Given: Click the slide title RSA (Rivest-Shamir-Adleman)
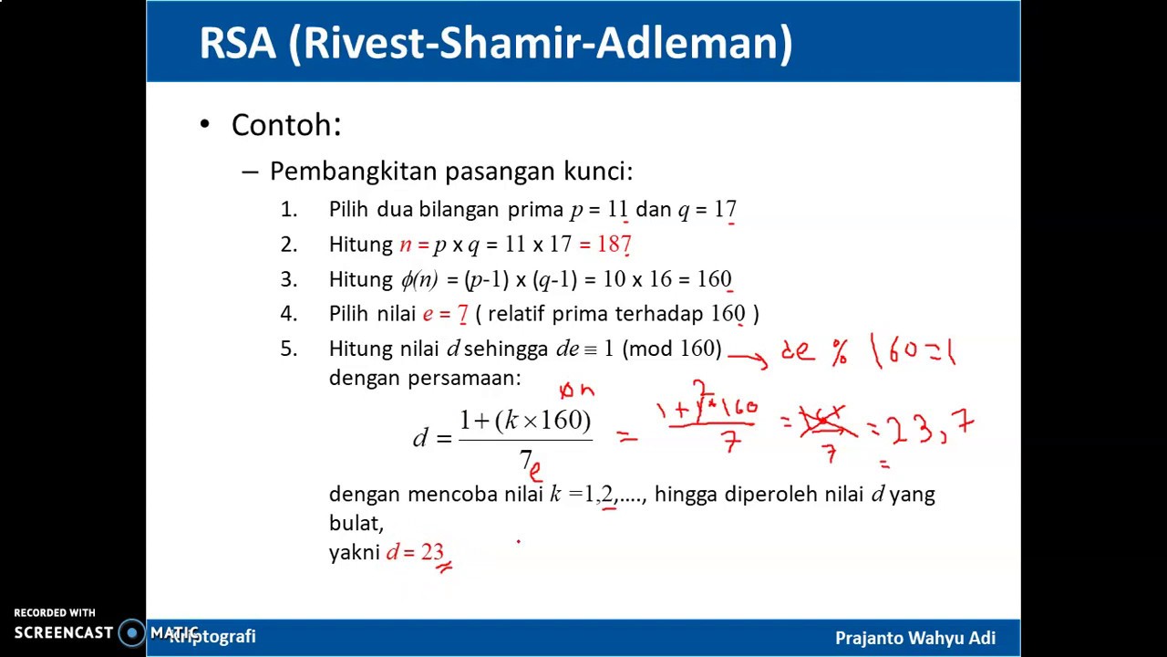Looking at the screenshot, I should click(x=495, y=44).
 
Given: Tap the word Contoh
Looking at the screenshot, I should click(x=285, y=125).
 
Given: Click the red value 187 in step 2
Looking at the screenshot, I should click(x=614, y=245).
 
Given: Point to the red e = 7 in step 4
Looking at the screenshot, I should click(x=445, y=314).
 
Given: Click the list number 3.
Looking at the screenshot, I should click(x=289, y=279).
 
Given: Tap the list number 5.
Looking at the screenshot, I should click(x=289, y=349).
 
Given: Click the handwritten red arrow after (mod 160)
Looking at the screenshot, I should click(x=747, y=359).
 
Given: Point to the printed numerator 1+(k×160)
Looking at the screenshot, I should click(x=525, y=421).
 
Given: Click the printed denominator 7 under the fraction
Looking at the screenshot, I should click(x=525, y=459).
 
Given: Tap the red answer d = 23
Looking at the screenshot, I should click(x=415, y=552).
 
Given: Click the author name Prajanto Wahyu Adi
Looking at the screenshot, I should click(x=914, y=638).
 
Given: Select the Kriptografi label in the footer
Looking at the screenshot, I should click(x=213, y=636).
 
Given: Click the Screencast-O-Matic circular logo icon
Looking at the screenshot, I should click(x=132, y=632).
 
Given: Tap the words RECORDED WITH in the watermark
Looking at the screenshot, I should click(x=54, y=613).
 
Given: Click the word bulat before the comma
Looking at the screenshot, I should click(x=353, y=523).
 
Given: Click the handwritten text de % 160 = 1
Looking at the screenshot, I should click(x=867, y=351).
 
